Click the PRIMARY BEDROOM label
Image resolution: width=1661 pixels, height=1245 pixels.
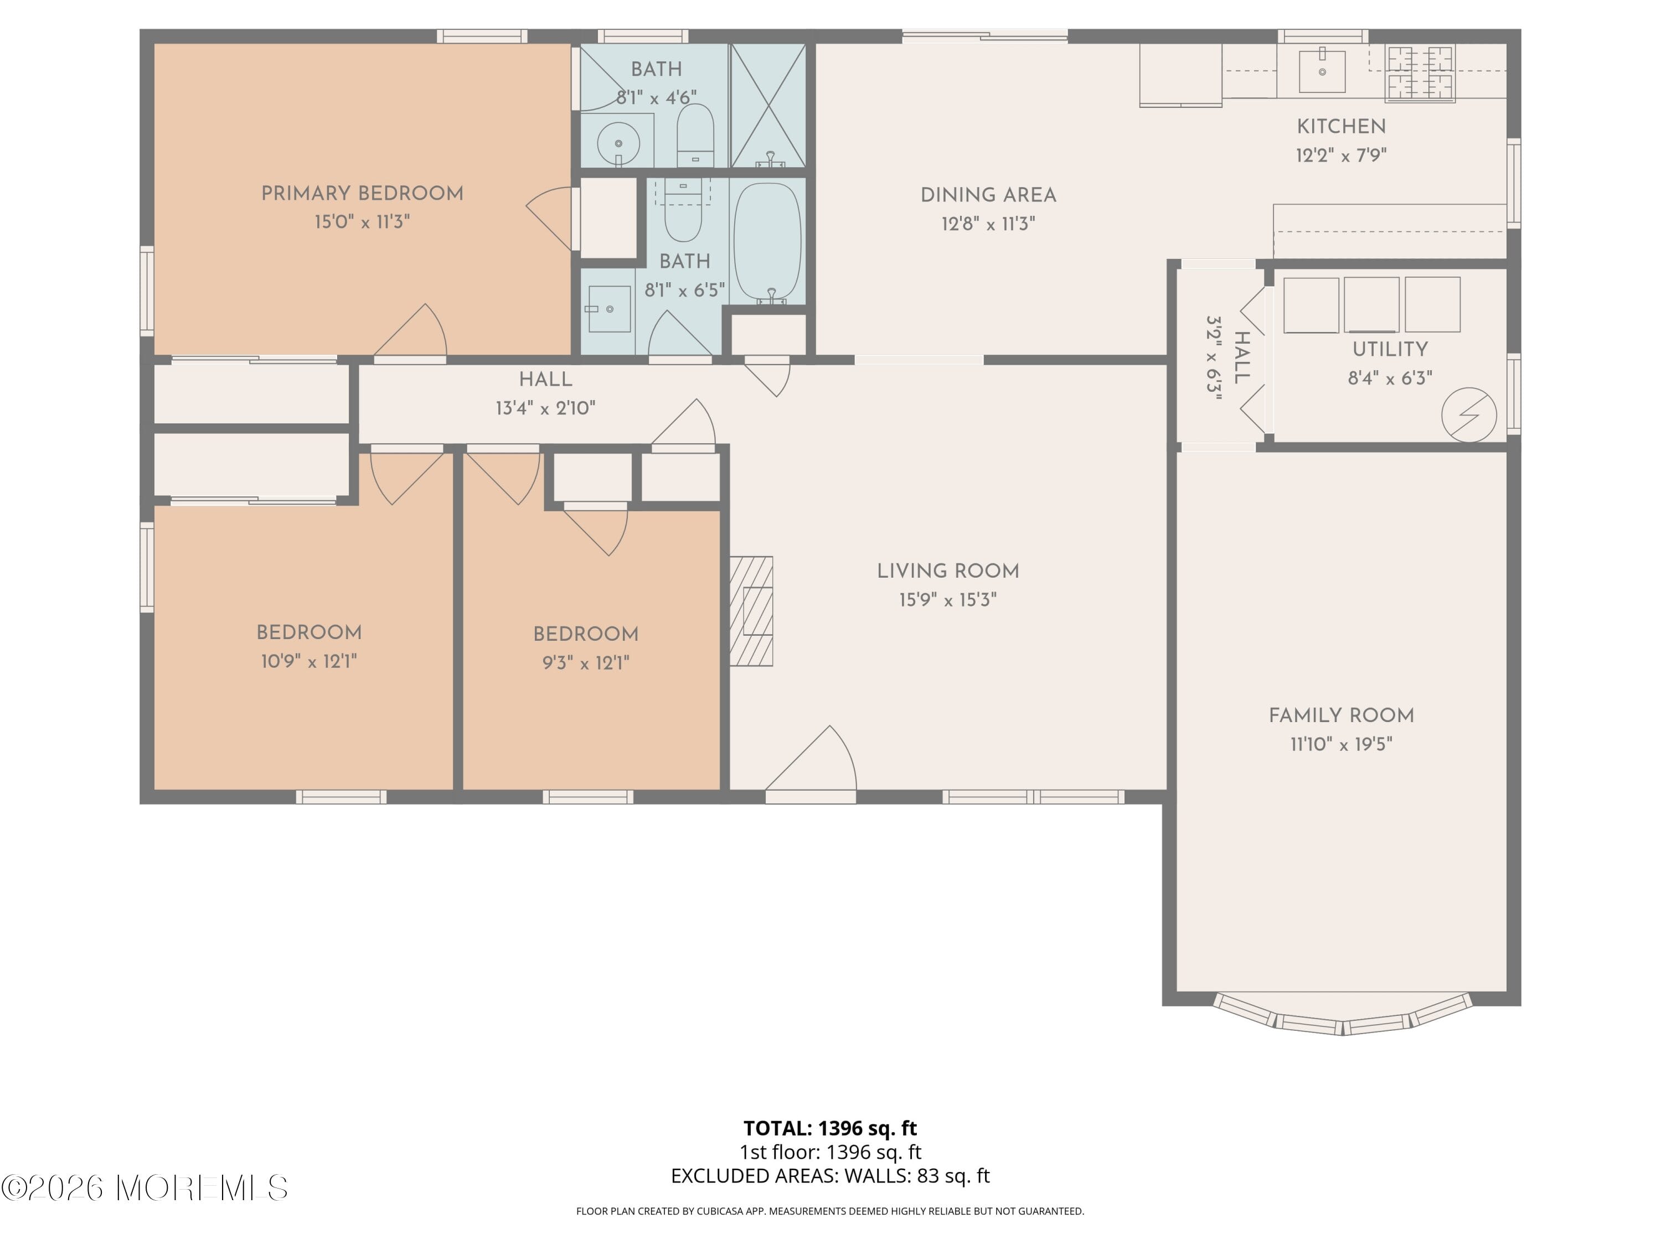[x=362, y=194]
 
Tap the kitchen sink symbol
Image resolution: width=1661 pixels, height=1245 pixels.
[x=1322, y=71]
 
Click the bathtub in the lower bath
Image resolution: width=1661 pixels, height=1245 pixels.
[x=767, y=242]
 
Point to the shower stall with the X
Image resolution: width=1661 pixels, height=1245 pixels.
[x=767, y=105]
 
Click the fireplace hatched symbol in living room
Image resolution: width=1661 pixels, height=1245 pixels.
[x=752, y=611]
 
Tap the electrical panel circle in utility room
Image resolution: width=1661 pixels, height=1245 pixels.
[x=1469, y=414]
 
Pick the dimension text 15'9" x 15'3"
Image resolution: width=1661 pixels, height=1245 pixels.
[x=948, y=600]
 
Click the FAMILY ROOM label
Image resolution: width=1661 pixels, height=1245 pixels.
[x=1341, y=716]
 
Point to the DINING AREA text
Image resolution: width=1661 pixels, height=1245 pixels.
[x=988, y=196]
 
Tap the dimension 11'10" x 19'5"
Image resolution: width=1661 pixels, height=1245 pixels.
[x=1341, y=744]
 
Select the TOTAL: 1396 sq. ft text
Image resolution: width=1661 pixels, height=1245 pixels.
[x=830, y=1128]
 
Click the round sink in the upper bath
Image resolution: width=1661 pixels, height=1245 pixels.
[x=618, y=143]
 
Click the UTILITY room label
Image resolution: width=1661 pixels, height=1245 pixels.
[x=1390, y=350]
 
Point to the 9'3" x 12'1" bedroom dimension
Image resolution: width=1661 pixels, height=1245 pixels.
[x=586, y=663]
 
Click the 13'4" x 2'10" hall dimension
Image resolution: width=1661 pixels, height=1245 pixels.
[x=545, y=408]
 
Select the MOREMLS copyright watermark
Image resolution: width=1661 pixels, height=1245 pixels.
[x=144, y=1188]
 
